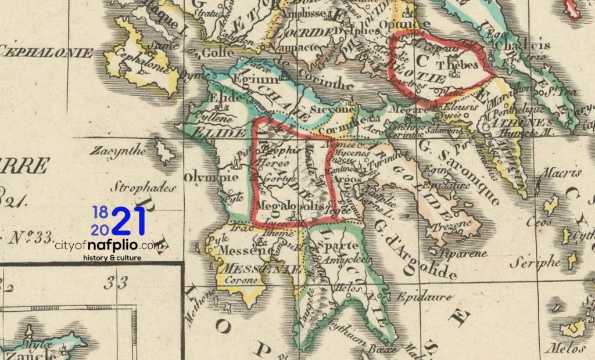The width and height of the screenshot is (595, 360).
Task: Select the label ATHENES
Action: coord(511,123)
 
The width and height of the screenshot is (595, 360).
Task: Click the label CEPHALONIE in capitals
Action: coord(46,53)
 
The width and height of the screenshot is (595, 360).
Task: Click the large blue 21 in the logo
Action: coord(130,221)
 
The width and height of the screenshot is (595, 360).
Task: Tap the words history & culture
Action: coord(113,257)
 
